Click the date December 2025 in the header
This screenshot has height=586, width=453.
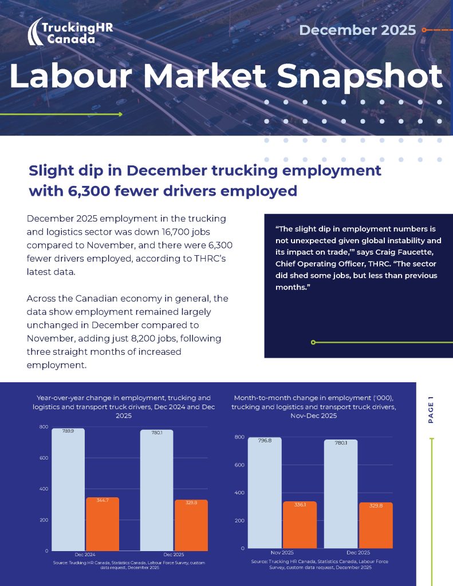(x=357, y=30)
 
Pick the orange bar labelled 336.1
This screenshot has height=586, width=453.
(x=300, y=524)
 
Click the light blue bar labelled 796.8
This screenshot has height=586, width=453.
(x=265, y=492)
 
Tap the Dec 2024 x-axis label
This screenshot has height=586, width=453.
(x=85, y=555)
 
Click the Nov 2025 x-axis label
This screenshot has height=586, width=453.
(x=282, y=552)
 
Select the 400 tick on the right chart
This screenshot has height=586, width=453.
(x=239, y=493)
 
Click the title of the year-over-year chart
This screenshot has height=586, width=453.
(x=124, y=406)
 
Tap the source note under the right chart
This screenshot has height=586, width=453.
(x=320, y=564)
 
